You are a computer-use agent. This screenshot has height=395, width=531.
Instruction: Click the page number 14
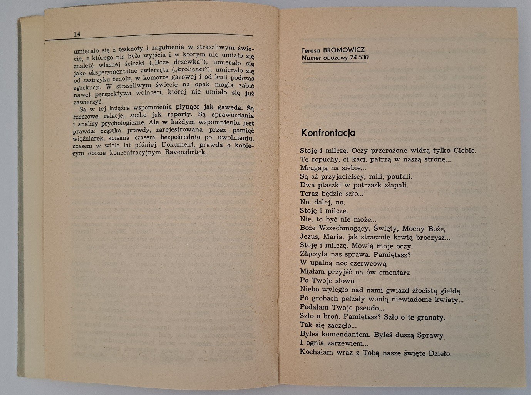pyautogui.click(x=77, y=34)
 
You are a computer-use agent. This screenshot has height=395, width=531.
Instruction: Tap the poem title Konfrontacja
pyautogui.click(x=328, y=133)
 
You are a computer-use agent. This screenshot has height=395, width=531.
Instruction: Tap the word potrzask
pyautogui.click(x=370, y=185)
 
